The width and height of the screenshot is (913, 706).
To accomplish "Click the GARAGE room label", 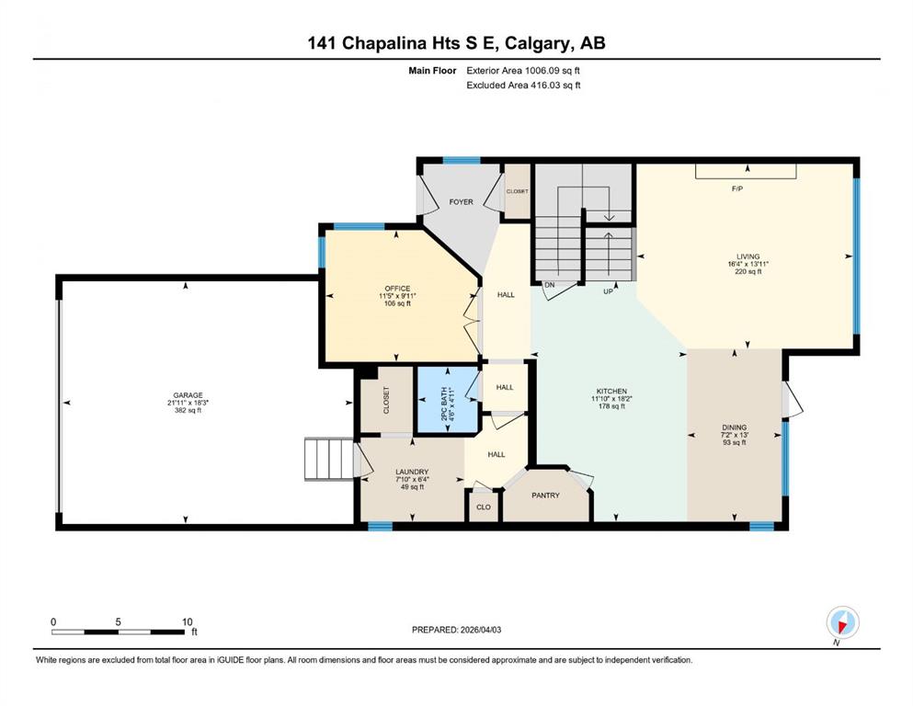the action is pos(188,395).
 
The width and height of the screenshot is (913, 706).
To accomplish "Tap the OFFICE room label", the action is pos(397,289).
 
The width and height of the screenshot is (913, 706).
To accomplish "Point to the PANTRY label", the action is pos(545,495).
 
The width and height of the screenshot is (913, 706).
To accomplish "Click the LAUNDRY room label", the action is pos(412,472).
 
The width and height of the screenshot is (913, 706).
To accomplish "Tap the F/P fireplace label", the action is pos(737,188).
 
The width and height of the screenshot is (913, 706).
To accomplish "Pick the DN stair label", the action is pos(550,285).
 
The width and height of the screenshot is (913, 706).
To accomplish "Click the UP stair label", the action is pos(609,291).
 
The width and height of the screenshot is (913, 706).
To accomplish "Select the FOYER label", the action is pos(462,202).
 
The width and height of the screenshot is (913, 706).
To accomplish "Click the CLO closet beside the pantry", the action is pos(484,507).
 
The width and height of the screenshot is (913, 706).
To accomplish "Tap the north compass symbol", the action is pos(842,623).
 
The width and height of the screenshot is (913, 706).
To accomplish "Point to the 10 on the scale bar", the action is pos(187,621).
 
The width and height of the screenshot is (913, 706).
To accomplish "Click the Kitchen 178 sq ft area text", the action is pos(612,406).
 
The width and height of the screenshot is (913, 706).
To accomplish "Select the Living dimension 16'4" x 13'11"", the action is pos(748,264).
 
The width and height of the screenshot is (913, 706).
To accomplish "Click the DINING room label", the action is pos(735,427).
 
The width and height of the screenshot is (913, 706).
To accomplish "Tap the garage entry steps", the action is pos(329,460).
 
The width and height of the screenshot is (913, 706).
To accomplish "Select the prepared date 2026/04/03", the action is pos(481,630).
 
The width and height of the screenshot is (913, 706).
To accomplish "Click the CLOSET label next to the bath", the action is pos(386,401).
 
